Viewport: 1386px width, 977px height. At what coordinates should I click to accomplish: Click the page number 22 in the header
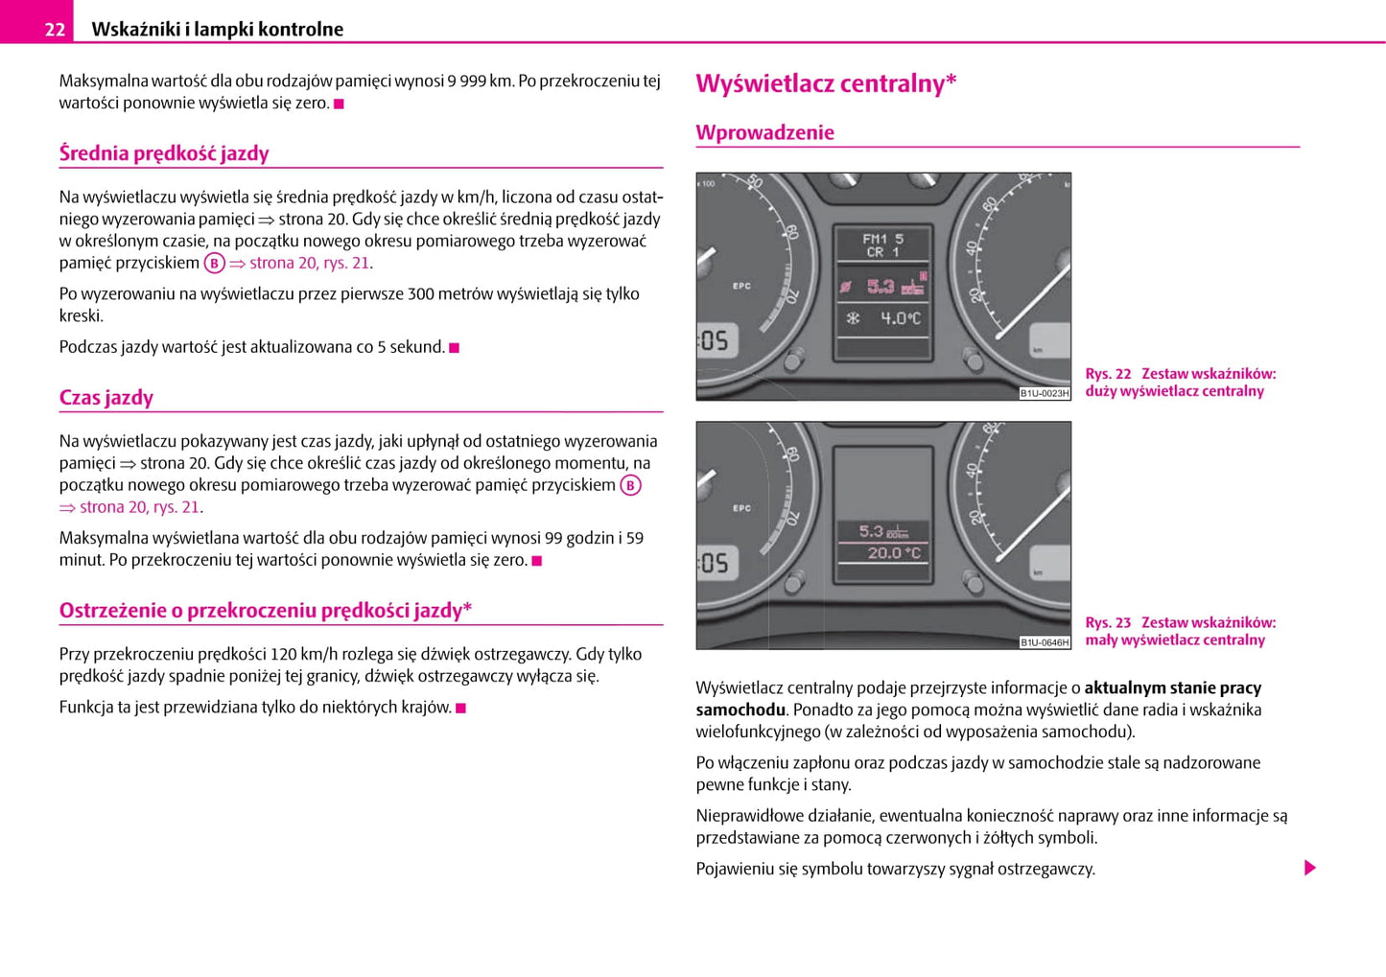(x=55, y=29)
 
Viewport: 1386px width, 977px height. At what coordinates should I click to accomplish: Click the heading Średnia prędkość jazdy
(x=164, y=153)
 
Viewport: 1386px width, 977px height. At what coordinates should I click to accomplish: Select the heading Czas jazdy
(x=106, y=398)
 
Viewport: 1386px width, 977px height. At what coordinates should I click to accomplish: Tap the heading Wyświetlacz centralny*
(x=826, y=83)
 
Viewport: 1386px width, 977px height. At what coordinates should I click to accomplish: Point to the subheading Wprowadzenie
(x=764, y=132)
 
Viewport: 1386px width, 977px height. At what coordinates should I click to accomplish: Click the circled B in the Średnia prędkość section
(x=214, y=264)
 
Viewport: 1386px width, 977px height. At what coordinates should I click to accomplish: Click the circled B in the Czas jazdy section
(x=630, y=485)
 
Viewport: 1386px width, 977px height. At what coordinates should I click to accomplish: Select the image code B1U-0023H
(x=1044, y=393)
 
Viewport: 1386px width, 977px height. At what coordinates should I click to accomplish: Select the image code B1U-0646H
(x=1044, y=642)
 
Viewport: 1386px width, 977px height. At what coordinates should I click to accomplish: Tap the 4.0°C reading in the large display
(x=900, y=318)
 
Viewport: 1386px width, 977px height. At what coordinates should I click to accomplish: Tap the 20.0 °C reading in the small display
(x=893, y=553)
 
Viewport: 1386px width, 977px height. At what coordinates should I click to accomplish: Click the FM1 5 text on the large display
(x=882, y=239)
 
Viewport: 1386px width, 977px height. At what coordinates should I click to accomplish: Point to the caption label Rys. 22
(x=1108, y=374)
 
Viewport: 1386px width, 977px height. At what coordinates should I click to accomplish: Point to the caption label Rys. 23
(x=1108, y=623)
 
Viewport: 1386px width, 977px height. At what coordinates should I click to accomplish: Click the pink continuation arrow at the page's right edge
(x=1310, y=869)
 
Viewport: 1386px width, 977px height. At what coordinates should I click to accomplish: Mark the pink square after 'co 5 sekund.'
(x=455, y=348)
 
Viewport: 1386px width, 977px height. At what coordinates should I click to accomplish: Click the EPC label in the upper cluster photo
(x=741, y=286)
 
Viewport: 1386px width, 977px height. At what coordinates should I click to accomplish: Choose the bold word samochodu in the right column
(x=740, y=710)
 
